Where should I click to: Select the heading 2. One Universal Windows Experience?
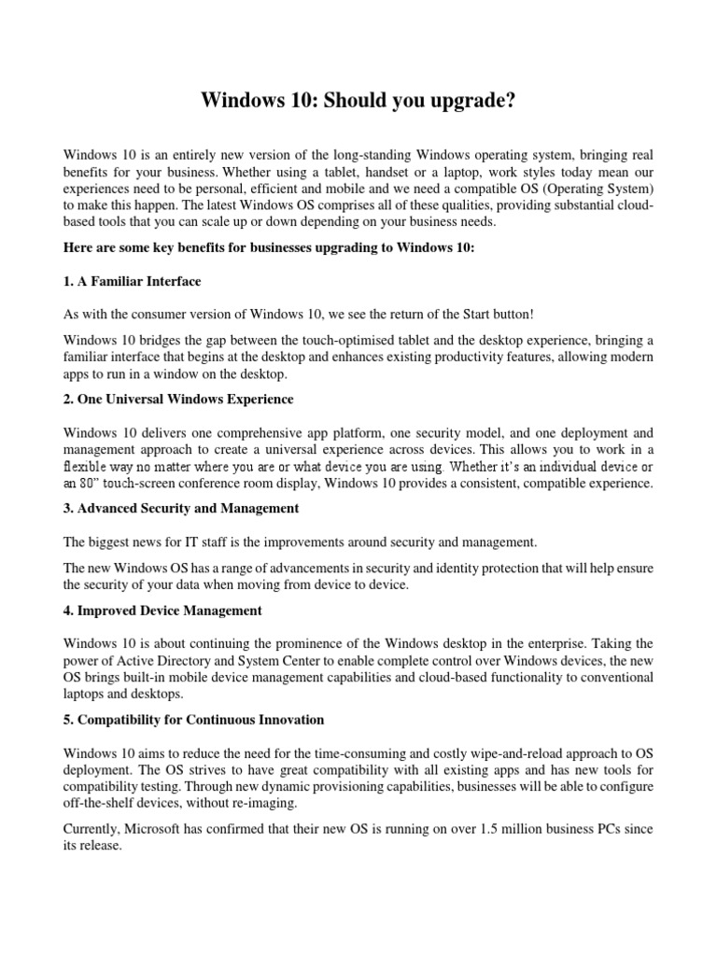tap(178, 399)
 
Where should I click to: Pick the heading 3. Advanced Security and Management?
tap(181, 508)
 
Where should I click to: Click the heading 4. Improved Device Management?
tap(163, 610)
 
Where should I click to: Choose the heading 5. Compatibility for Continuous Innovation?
tap(194, 719)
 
